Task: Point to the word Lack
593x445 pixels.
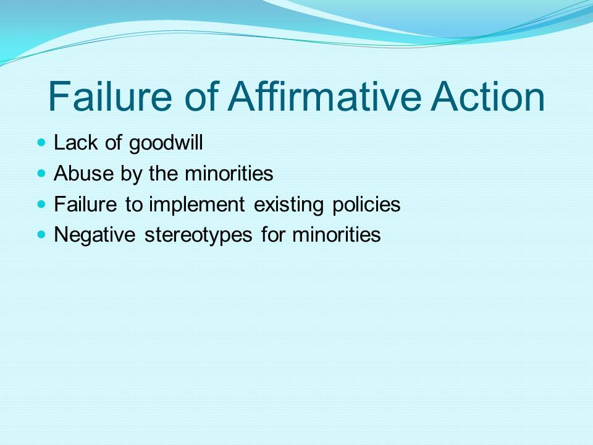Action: [75, 143]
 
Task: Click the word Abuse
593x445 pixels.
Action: [83, 174]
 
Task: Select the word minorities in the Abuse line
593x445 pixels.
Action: [229, 174]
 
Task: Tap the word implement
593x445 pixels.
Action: [196, 205]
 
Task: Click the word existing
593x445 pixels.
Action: [288, 205]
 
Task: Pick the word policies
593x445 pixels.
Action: [366, 205]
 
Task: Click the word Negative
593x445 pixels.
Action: [95, 235]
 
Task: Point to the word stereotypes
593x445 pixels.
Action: [198, 235]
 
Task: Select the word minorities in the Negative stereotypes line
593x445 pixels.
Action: [336, 234]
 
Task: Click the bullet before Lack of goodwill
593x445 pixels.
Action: [41, 143]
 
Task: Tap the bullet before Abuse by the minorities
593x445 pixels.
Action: [41, 174]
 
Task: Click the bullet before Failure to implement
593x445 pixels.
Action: [41, 205]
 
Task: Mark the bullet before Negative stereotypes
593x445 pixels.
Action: [41, 235]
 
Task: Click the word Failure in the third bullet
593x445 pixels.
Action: [85, 204]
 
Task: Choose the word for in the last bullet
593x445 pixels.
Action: [272, 234]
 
